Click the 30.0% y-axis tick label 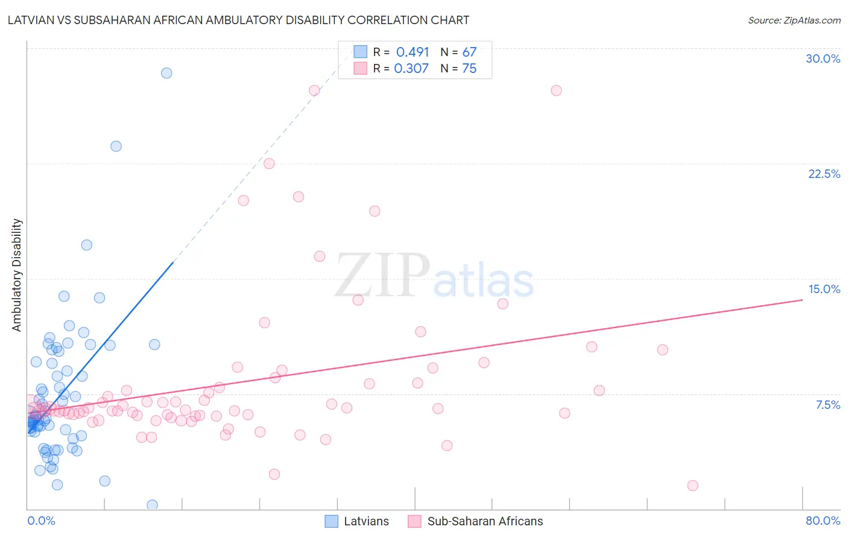[823, 59]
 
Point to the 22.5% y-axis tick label [824, 174]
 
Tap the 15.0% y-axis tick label [824, 289]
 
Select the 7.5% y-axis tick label [827, 405]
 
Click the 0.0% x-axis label [41, 521]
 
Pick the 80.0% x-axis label [823, 521]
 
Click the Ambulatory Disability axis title [17, 275]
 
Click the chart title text [238, 20]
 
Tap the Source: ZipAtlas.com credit [794, 20]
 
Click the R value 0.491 [413, 52]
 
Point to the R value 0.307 [411, 69]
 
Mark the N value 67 [469, 52]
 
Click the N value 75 [469, 69]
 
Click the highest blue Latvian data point [166, 73]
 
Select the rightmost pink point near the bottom [692, 486]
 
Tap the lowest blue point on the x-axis [152, 505]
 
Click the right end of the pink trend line [802, 299]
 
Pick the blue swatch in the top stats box [360, 52]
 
